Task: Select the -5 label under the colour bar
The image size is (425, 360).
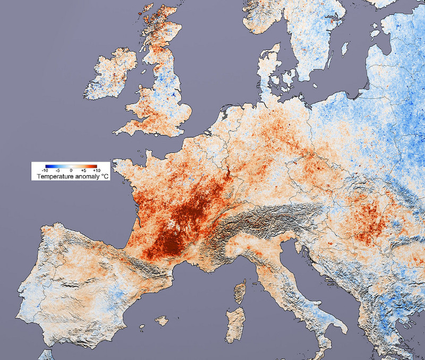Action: point(57,170)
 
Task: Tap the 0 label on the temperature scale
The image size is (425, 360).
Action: point(71,170)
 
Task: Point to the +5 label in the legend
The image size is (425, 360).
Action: point(83,170)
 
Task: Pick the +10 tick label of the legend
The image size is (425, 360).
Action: point(96,170)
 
